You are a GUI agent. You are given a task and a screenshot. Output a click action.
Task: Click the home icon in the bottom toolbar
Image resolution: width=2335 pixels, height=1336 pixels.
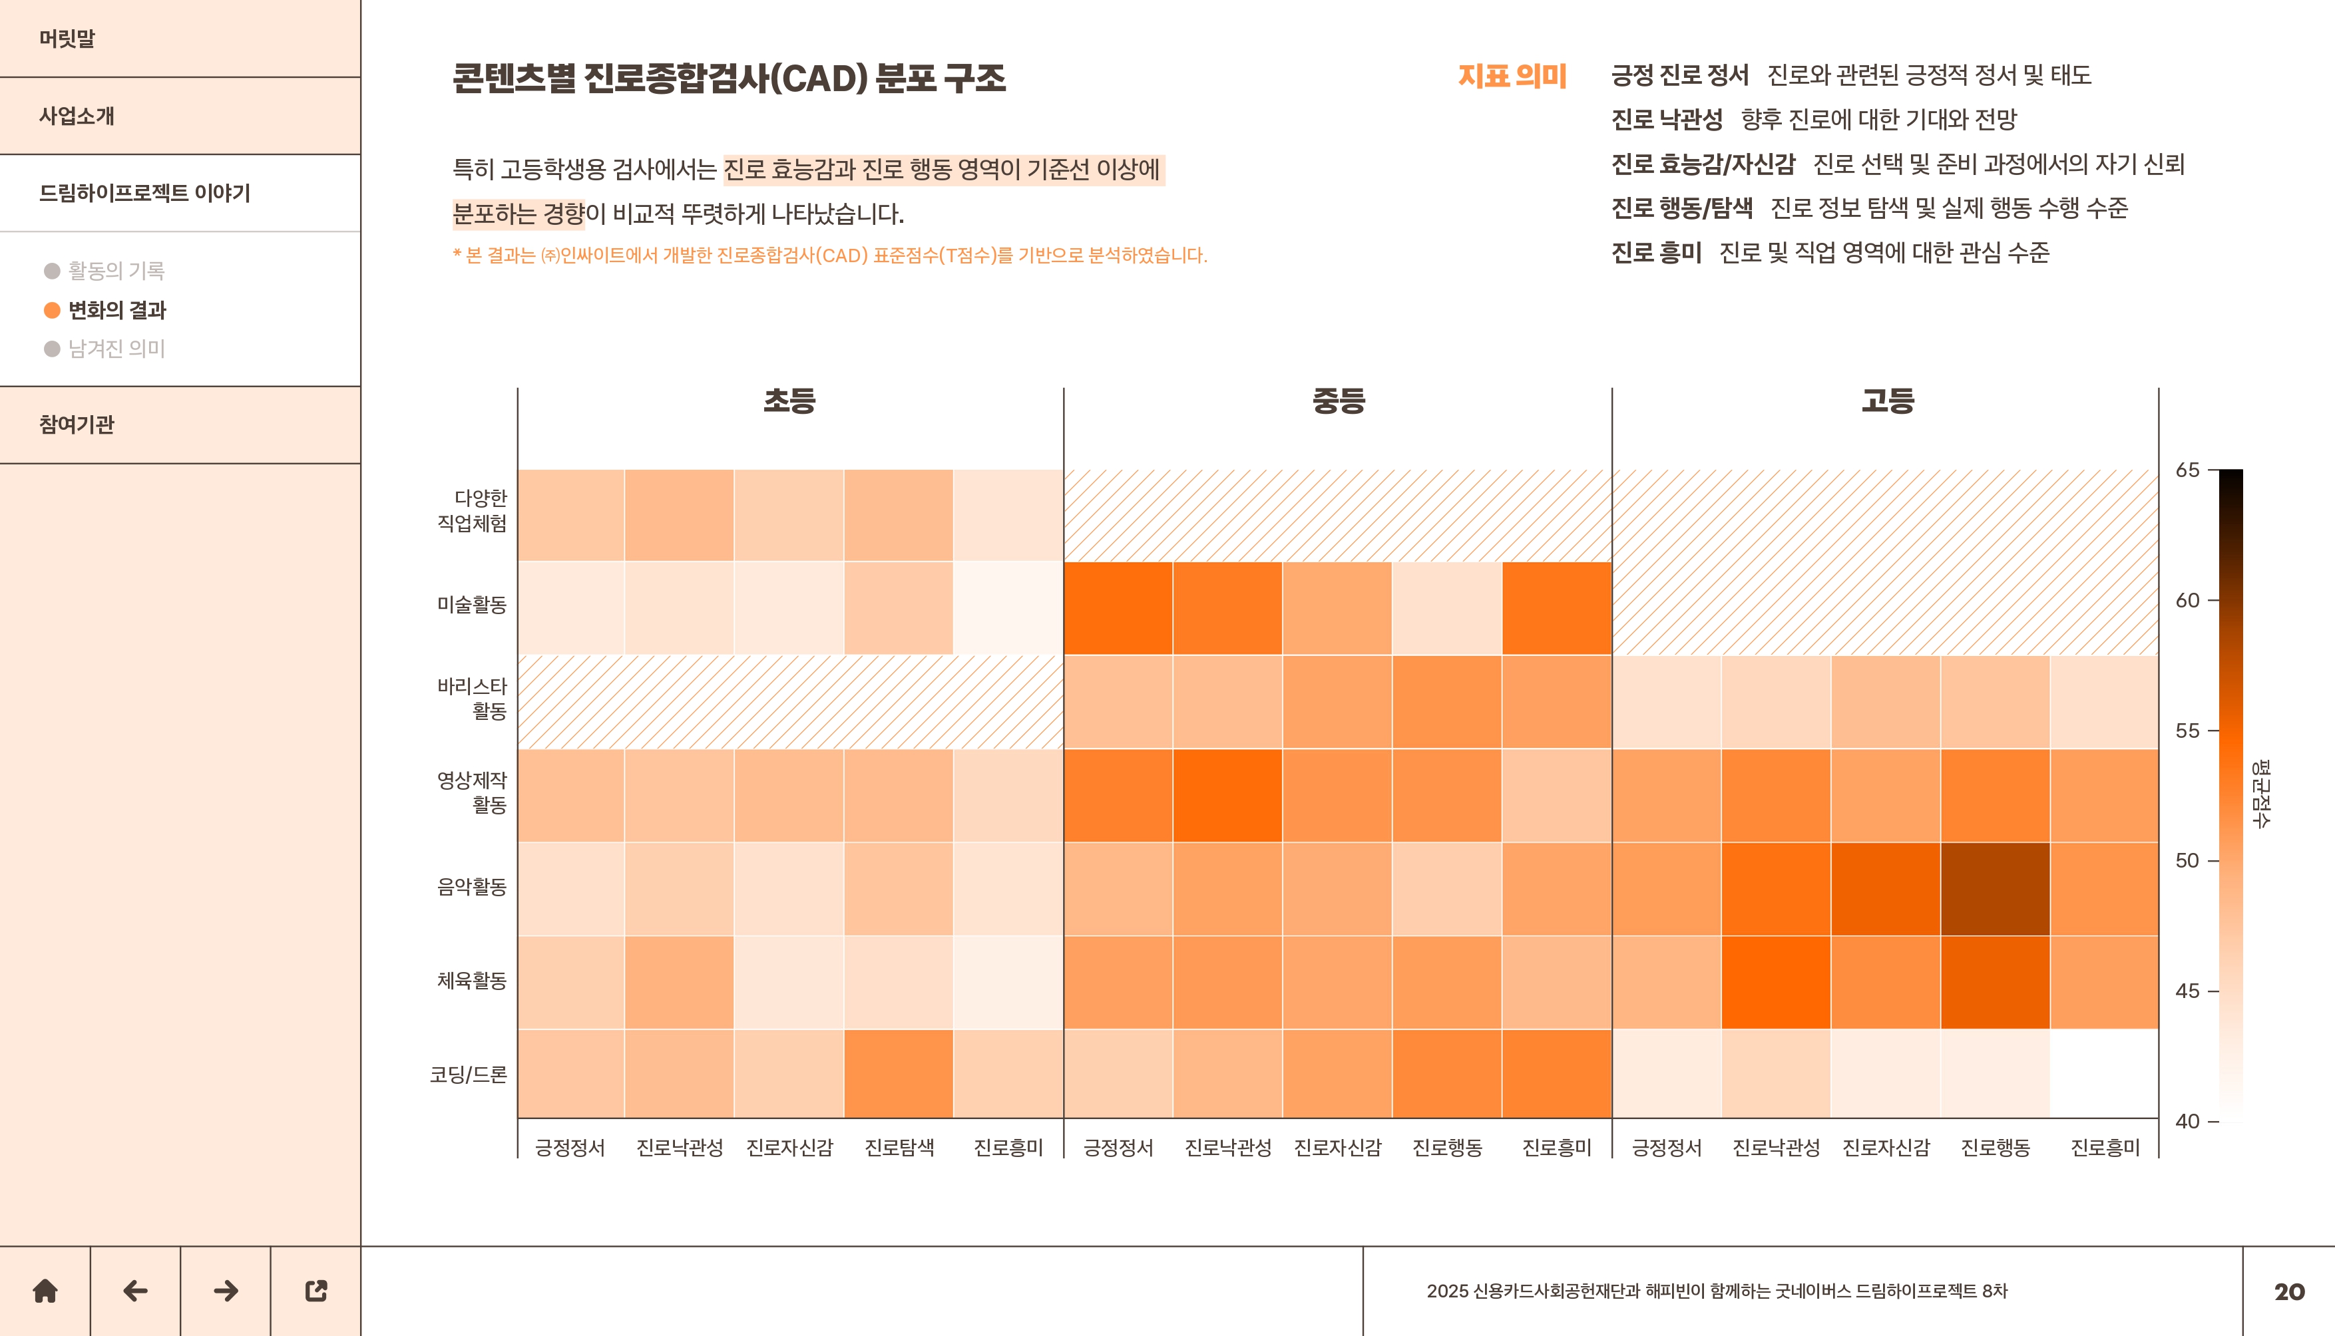click(45, 1291)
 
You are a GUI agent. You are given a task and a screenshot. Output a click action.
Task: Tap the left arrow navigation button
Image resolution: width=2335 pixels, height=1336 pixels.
click(135, 1291)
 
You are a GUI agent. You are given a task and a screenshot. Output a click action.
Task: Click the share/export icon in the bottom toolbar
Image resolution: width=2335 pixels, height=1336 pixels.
click(316, 1291)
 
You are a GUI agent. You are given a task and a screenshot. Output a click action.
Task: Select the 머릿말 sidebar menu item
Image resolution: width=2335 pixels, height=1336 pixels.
click(67, 39)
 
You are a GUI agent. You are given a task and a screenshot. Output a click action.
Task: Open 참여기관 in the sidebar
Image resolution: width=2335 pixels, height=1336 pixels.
click(77, 424)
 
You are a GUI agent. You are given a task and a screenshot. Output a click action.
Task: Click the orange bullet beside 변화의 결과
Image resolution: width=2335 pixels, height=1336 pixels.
click(53, 310)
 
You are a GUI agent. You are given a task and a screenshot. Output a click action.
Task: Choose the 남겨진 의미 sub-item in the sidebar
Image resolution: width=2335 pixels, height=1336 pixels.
click(116, 349)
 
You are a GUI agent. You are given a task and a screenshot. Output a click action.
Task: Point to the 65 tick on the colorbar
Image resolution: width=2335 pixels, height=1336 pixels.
click(2188, 470)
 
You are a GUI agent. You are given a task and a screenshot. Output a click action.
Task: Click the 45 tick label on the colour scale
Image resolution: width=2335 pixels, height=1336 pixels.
click(2188, 991)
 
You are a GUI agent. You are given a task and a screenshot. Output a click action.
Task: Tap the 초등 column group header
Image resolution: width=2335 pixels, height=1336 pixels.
click(789, 400)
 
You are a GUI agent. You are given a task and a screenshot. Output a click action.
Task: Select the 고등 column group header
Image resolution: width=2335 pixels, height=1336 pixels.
click(1887, 400)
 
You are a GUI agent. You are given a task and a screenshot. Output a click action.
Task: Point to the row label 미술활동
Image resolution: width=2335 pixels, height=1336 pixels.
click(472, 605)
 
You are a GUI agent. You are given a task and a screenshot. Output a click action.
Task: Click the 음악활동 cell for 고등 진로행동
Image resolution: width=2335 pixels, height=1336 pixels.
click(1996, 888)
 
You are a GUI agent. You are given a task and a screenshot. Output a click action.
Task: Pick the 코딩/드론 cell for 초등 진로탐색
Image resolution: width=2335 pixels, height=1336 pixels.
click(899, 1074)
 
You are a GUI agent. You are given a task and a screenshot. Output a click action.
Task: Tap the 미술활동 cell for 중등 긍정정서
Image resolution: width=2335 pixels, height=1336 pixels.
click(1118, 607)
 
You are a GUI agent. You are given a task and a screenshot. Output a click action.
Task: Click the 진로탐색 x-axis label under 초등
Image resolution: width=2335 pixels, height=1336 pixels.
click(899, 1148)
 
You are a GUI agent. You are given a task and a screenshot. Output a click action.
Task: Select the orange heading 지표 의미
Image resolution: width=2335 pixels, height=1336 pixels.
click(1512, 76)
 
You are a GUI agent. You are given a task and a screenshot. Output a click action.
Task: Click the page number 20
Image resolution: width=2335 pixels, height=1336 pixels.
click(2289, 1292)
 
